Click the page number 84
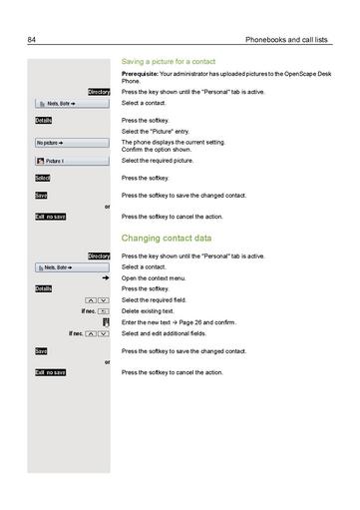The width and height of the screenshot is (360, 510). [x=31, y=40]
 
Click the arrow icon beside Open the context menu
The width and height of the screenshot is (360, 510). [x=105, y=278]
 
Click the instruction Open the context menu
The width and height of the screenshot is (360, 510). [x=155, y=278]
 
